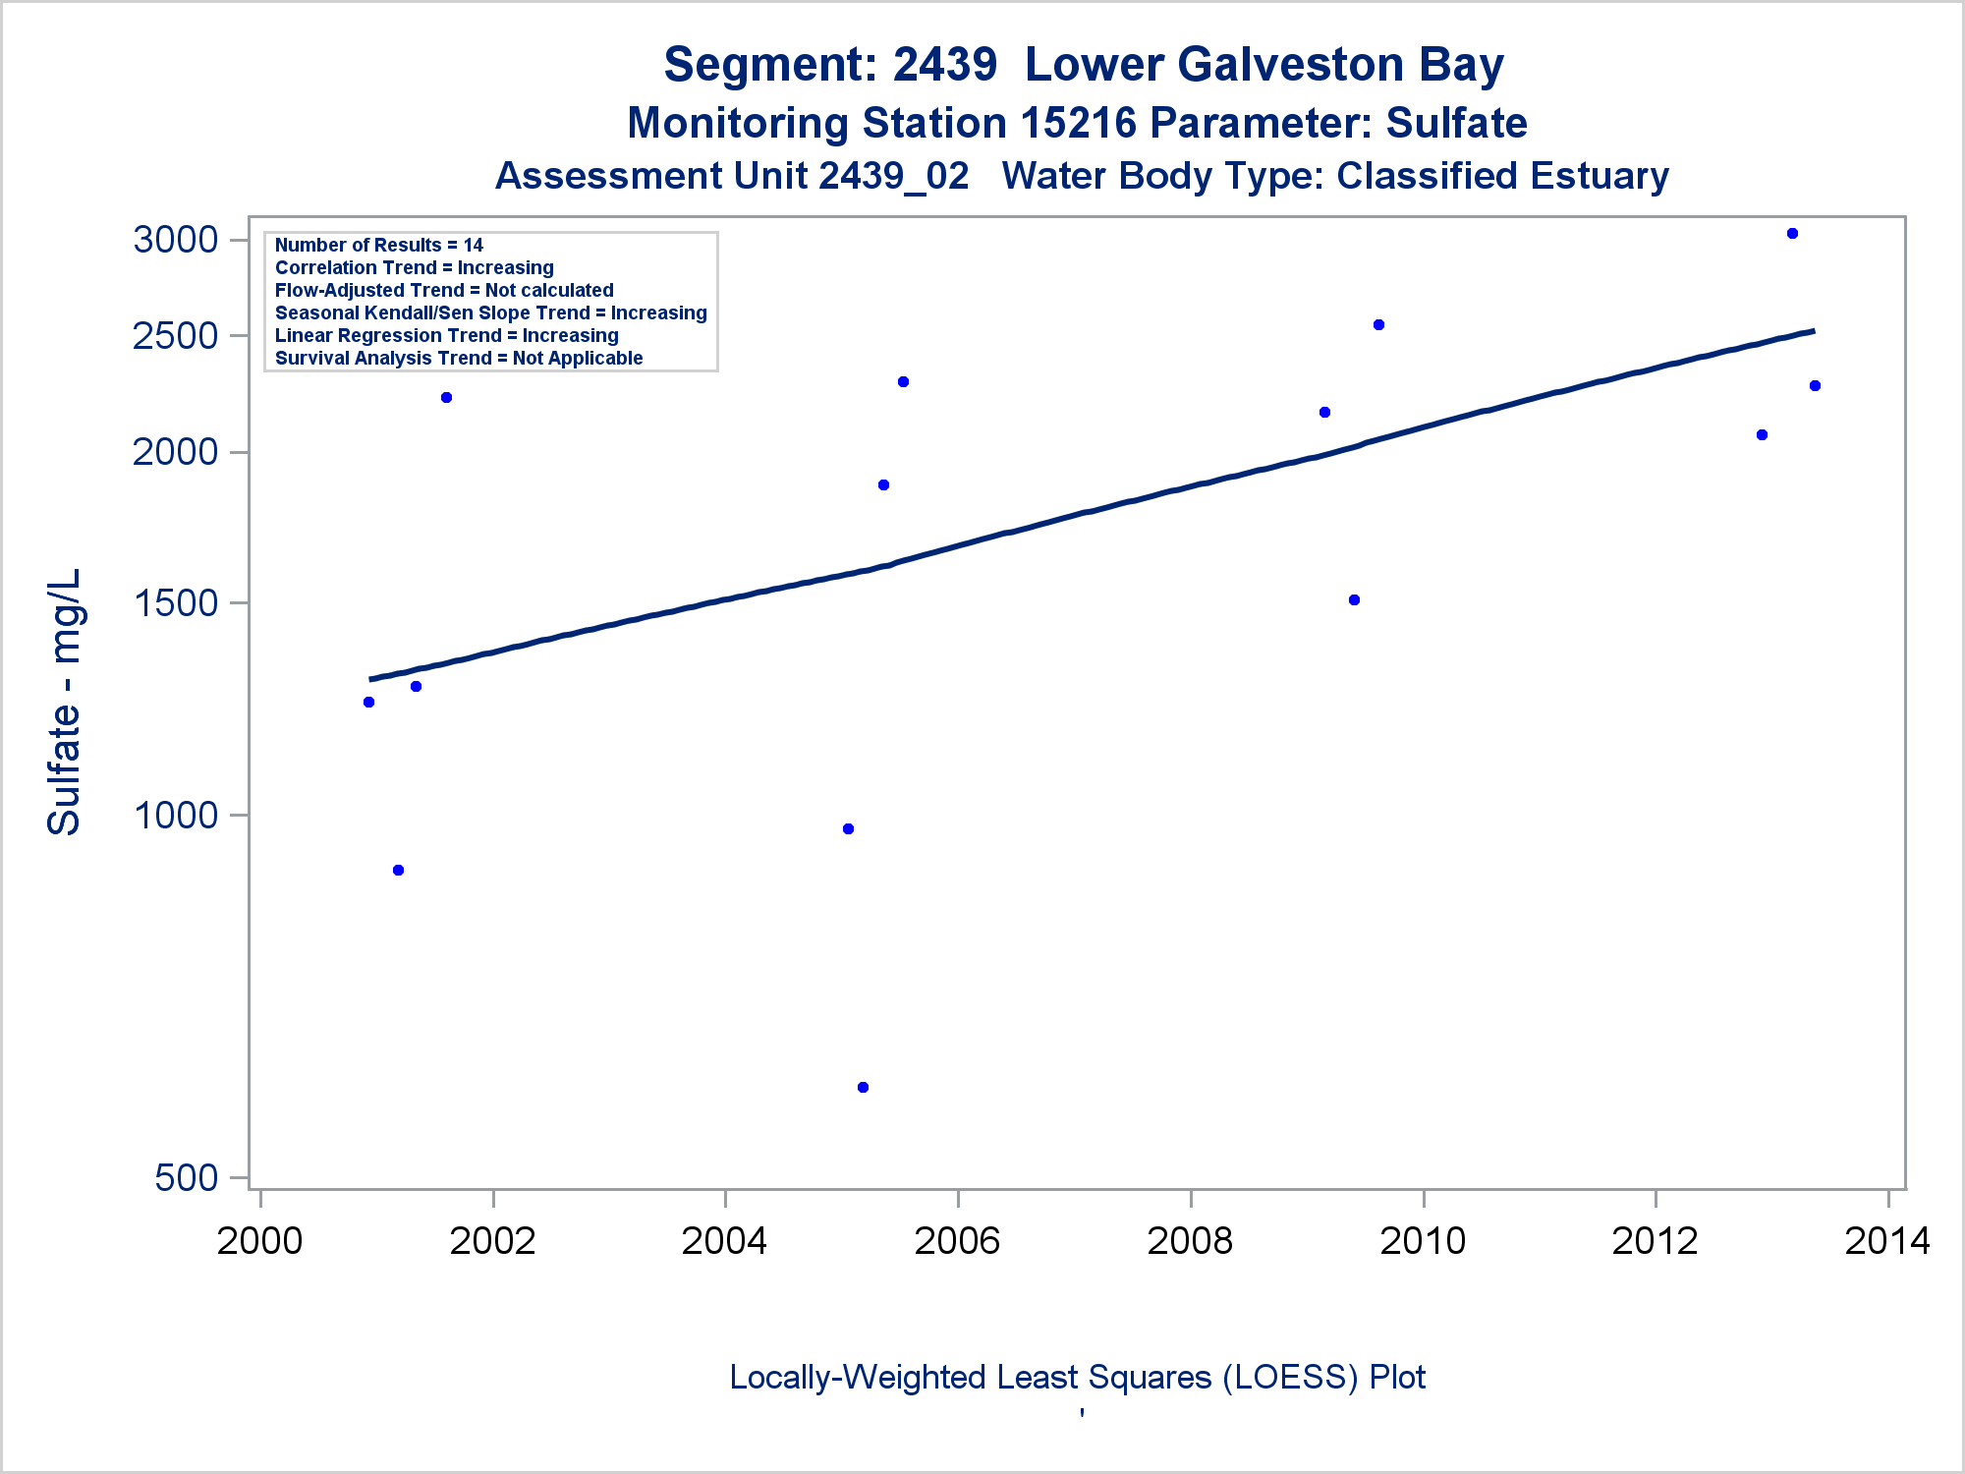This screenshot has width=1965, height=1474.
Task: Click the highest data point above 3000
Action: pos(1792,234)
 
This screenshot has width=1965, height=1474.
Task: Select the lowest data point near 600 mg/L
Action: pos(863,1087)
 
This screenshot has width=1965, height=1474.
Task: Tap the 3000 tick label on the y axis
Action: pos(176,240)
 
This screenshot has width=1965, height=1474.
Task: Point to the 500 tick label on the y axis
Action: pos(187,1177)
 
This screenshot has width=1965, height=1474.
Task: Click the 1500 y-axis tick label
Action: pos(176,603)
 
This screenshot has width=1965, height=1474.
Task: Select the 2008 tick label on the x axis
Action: pos(1190,1241)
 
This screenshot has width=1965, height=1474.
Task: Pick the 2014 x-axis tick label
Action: pos(1887,1241)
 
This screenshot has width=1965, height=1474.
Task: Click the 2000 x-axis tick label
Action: pos(260,1241)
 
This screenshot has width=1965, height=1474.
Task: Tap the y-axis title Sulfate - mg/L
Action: pos(65,702)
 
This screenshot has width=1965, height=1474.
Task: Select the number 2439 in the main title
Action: pos(944,65)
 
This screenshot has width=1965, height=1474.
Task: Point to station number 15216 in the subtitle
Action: pos(1078,124)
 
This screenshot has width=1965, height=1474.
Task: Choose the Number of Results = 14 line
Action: pos(379,246)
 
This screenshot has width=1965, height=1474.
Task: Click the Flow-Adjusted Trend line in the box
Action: pos(444,291)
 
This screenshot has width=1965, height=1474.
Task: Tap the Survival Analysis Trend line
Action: pos(459,359)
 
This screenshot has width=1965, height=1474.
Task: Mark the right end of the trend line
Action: pos(1814,331)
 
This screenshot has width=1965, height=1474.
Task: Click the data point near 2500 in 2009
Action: pos(1378,325)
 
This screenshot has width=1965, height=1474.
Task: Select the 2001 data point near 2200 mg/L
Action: pos(446,398)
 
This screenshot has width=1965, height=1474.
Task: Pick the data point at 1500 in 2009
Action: pos(1354,600)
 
